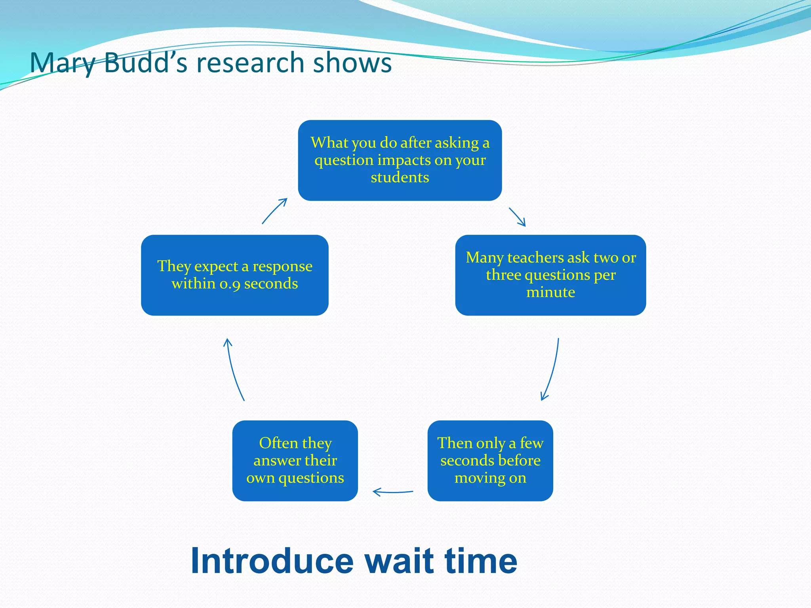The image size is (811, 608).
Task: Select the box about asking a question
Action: (400, 160)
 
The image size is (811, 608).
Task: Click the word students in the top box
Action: (400, 177)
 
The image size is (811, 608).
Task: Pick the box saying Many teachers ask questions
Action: (550, 275)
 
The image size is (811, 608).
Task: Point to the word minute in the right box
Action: (550, 292)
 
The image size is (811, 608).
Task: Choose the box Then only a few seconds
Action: (490, 461)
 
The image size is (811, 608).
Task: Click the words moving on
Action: (490, 478)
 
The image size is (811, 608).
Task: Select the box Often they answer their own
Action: (295, 461)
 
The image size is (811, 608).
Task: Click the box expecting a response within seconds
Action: (235, 275)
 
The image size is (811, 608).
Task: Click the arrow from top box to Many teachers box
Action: (517, 217)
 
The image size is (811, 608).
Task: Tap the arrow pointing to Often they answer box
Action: (392, 492)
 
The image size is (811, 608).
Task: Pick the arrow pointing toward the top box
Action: (274, 211)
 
